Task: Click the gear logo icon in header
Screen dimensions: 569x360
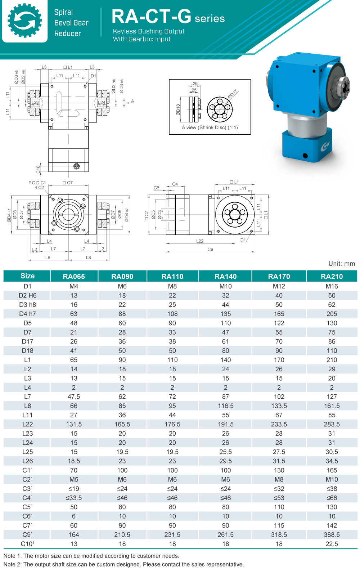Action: tap(24, 21)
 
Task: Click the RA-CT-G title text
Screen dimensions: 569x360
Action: tap(151, 17)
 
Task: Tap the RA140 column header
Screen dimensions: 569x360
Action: tap(225, 276)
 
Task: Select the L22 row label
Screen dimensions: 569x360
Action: tap(27, 424)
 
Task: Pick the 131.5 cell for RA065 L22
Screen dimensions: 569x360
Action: tap(74, 424)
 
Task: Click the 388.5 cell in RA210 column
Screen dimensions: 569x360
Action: tap(332, 535)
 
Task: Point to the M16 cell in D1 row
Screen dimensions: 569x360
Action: tap(332, 286)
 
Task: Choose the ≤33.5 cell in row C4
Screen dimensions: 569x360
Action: tap(74, 498)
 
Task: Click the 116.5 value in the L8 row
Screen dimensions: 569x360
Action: tap(225, 406)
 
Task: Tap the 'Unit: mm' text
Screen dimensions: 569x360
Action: tap(341, 264)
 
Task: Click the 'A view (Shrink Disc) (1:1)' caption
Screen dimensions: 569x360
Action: tap(210, 127)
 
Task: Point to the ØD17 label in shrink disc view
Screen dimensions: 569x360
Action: tap(233, 94)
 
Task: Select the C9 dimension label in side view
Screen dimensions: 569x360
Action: tap(210, 249)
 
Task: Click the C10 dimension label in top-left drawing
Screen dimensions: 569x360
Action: tap(38, 169)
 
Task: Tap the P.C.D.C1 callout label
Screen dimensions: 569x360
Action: tap(37, 183)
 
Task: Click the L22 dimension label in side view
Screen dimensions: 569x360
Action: tap(200, 241)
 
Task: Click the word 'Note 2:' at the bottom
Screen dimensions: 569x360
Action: tap(13, 564)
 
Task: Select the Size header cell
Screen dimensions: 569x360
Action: tap(27, 276)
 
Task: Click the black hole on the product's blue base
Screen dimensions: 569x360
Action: tap(305, 156)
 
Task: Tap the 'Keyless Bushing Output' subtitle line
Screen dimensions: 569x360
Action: tap(149, 31)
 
